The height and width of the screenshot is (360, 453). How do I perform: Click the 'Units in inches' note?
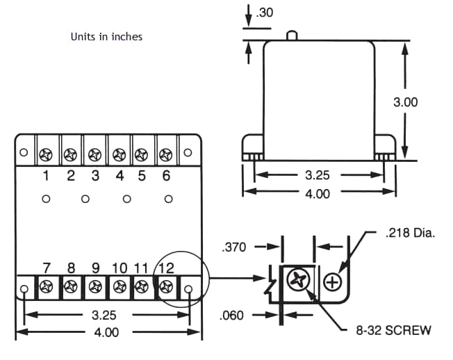(x=106, y=36)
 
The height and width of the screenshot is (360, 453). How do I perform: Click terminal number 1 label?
(x=46, y=176)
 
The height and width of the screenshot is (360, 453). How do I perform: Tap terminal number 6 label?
(x=166, y=176)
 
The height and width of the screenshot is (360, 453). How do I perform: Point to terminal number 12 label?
(x=166, y=268)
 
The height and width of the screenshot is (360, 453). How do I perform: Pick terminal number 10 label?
(x=119, y=268)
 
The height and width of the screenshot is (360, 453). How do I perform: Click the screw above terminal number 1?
(x=47, y=153)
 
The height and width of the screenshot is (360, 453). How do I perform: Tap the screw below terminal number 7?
(x=47, y=286)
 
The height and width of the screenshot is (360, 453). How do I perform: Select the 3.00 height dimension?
(x=405, y=101)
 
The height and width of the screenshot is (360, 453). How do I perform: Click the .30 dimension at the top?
(x=265, y=12)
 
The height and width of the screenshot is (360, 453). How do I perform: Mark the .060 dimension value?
(x=232, y=315)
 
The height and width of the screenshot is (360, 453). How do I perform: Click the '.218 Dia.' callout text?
(x=409, y=234)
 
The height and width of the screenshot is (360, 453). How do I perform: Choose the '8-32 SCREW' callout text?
(x=393, y=330)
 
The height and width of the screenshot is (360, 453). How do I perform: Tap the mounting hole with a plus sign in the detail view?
(x=333, y=282)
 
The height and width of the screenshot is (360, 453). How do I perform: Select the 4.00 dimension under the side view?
(x=318, y=194)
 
